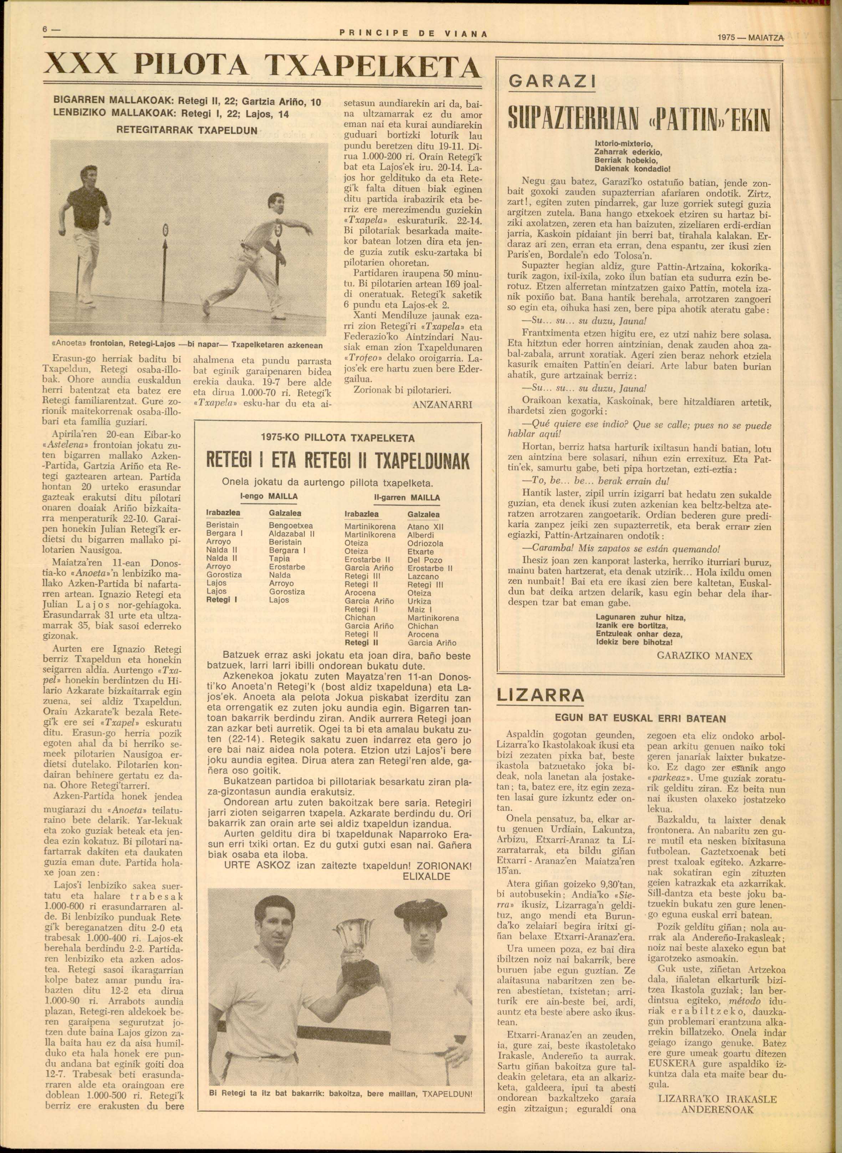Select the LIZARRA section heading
[541, 696]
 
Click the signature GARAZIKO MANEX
[705, 655]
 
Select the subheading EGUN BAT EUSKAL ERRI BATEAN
[640, 719]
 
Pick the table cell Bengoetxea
[291, 526]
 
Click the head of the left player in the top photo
[88, 174]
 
